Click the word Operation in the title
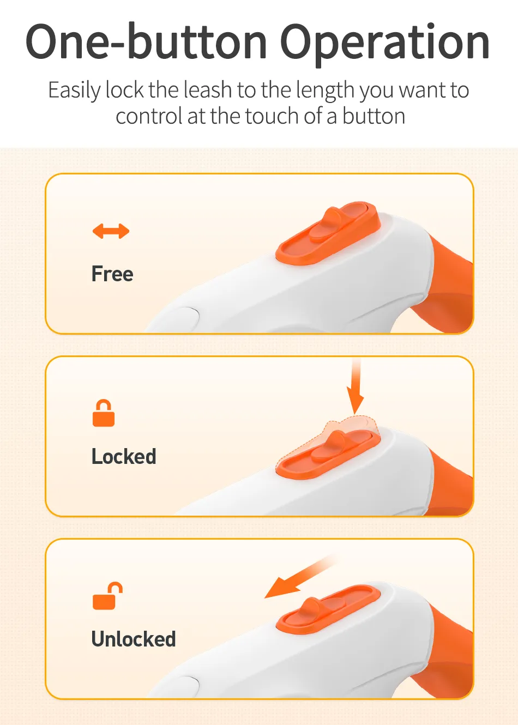[x=385, y=42]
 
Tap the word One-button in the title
[x=146, y=42]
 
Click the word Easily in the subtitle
[x=74, y=90]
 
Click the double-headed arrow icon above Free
[x=111, y=231]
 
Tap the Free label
[x=112, y=274]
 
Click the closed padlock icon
[x=104, y=413]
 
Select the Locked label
[x=124, y=456]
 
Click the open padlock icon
[x=107, y=596]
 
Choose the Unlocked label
[x=134, y=639]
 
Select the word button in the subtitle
[x=374, y=117]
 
